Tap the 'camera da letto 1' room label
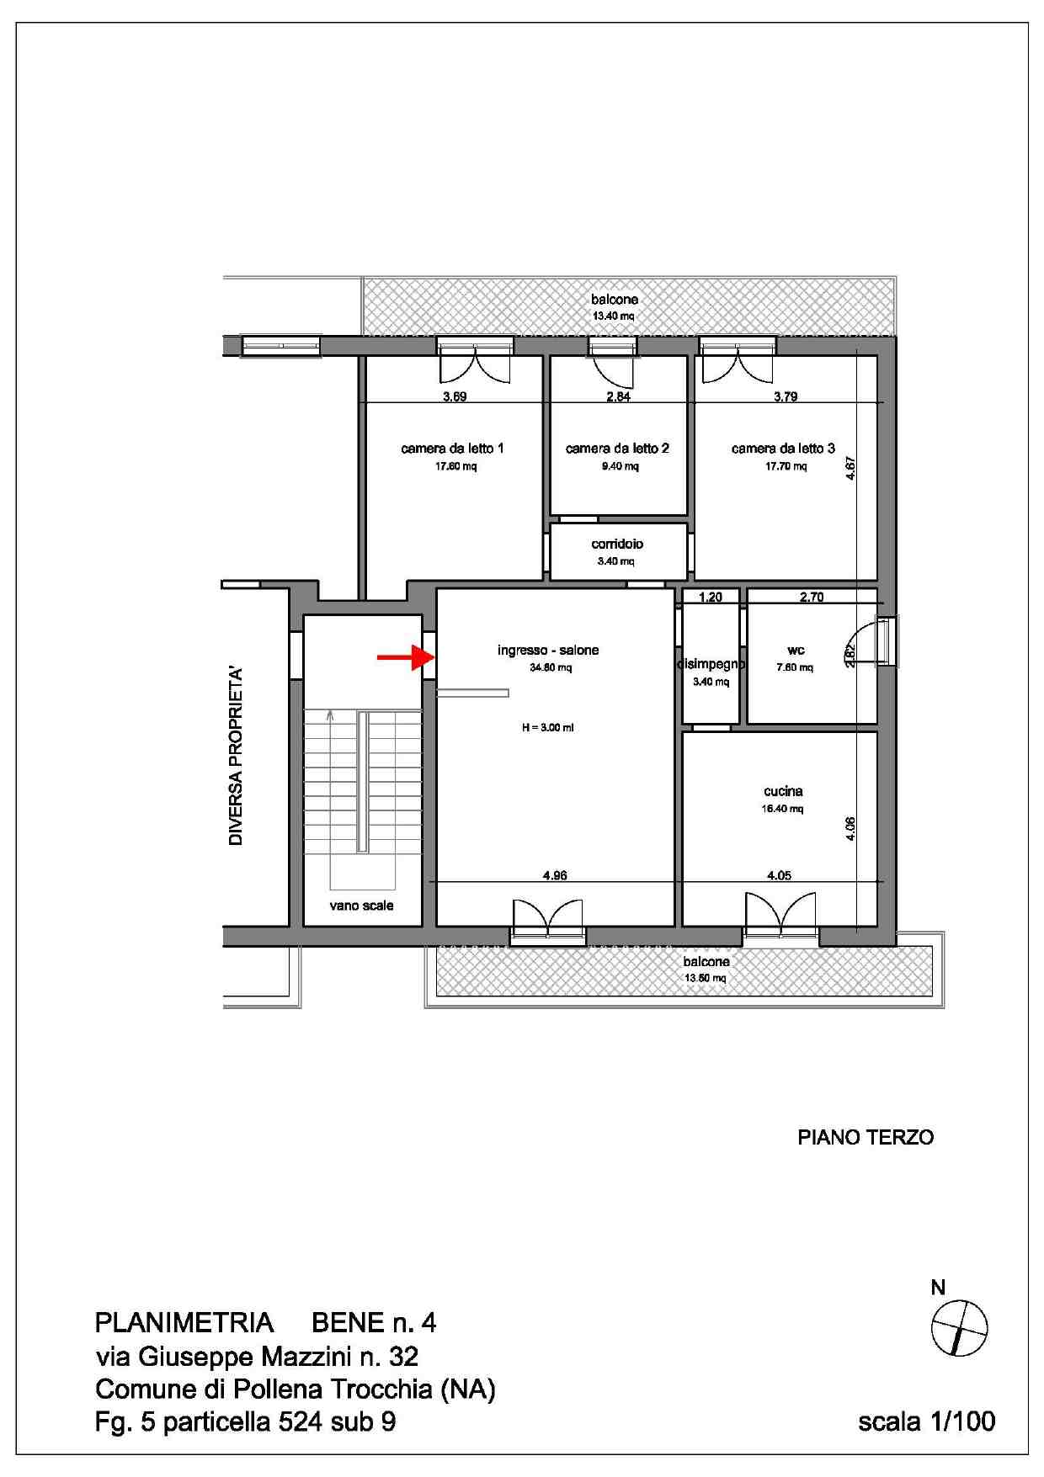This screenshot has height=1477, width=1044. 452,449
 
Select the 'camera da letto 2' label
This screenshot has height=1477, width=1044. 617,449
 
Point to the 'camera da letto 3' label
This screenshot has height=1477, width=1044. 783,449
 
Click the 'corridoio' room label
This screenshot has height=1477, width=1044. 617,544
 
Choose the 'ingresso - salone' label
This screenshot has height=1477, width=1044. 548,650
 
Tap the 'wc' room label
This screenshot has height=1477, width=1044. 796,651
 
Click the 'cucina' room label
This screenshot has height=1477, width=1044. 783,791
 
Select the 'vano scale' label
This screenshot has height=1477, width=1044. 361,906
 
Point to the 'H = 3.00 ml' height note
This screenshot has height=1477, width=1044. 547,728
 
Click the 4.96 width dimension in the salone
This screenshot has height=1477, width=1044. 555,875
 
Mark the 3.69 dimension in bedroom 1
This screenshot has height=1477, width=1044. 455,396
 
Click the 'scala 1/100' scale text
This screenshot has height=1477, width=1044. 927,1421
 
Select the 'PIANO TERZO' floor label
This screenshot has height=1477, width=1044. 866,1138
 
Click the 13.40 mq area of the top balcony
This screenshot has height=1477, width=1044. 614,316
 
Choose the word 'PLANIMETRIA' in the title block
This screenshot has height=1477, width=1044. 184,1323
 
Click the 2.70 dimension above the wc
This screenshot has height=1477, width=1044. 812,598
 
